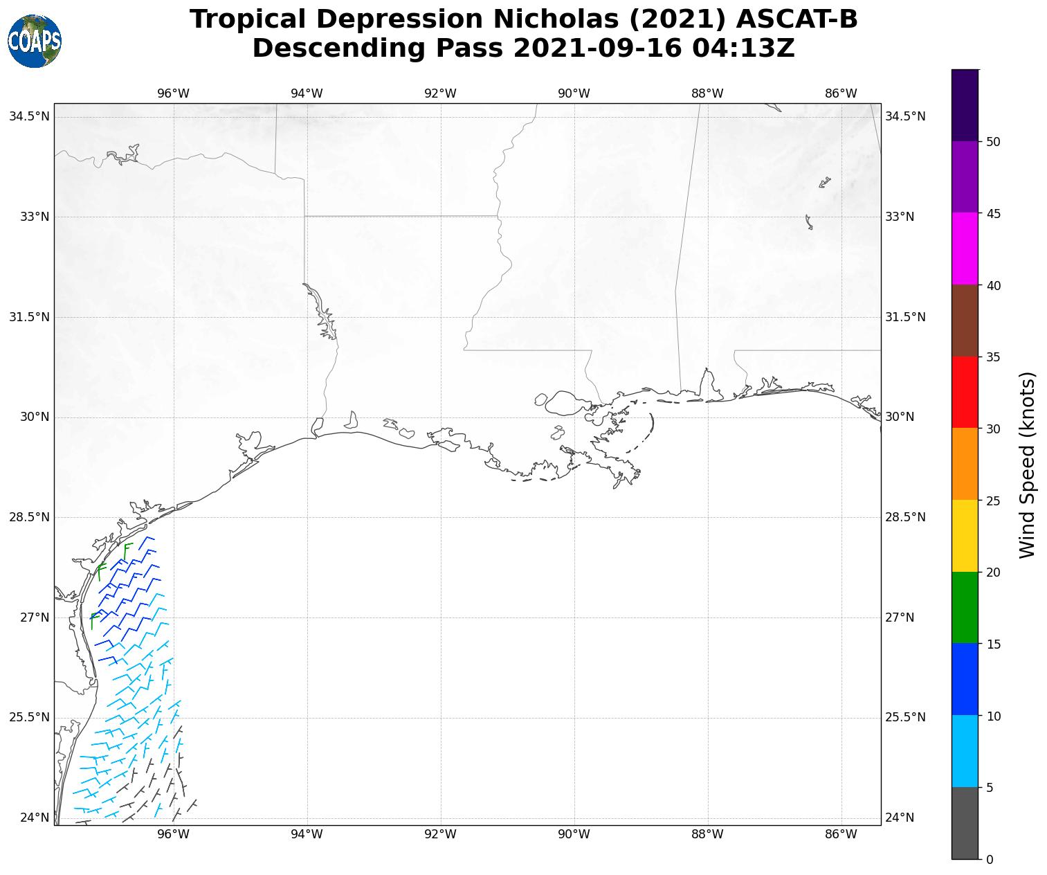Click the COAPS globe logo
click(x=35, y=41)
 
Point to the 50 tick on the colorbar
click(x=992, y=142)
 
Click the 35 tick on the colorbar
click(x=992, y=357)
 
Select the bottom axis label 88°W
click(x=707, y=834)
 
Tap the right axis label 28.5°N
click(x=905, y=518)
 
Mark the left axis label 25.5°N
click(x=29, y=718)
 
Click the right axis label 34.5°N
click(x=905, y=116)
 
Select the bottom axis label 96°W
click(x=173, y=834)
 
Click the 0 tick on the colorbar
click(x=990, y=860)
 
